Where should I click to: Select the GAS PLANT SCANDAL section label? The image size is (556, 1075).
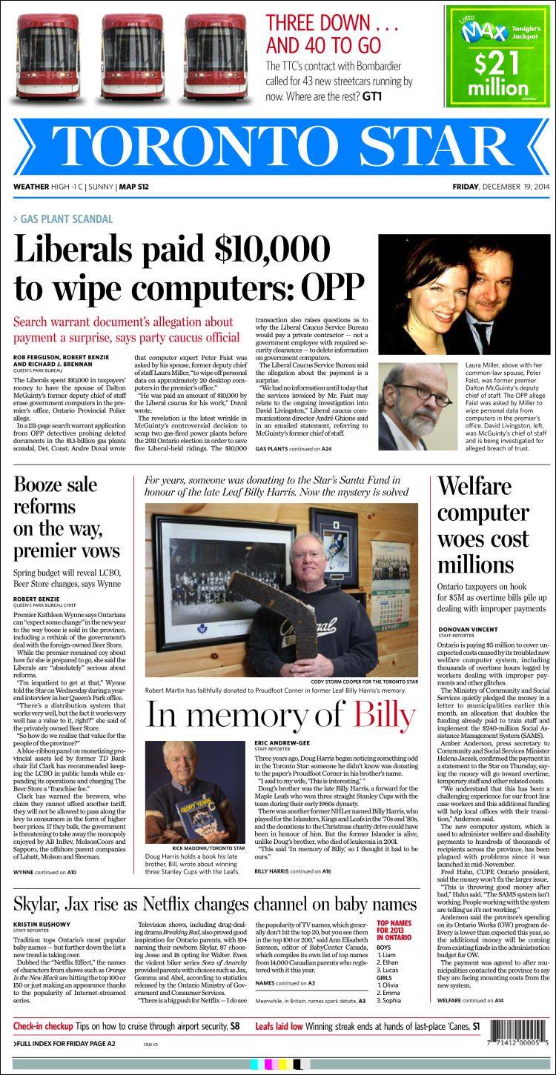(x=67, y=219)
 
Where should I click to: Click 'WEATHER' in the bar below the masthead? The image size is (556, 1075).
(x=31, y=187)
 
